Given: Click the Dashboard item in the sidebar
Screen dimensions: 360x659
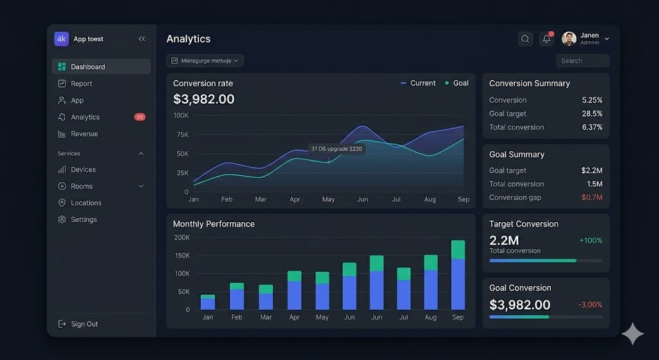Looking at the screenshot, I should [x=88, y=67].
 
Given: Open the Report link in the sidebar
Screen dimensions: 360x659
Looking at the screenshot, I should [x=81, y=84].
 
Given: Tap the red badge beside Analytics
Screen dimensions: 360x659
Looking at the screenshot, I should [x=140, y=117].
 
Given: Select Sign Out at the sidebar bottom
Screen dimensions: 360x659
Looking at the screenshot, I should [x=84, y=324].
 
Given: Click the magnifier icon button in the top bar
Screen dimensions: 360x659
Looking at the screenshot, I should [x=525, y=39].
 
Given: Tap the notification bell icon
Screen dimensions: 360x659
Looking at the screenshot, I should [x=546, y=39].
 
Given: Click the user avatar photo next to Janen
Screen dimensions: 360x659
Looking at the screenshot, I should [x=569, y=39].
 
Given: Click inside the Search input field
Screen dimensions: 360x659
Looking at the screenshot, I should [x=582, y=61].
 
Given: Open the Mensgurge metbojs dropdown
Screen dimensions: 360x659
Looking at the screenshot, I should [x=205, y=61].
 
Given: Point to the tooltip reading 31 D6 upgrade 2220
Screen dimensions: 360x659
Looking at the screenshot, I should [x=337, y=149].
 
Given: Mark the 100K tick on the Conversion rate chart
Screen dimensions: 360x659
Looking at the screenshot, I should [x=181, y=115].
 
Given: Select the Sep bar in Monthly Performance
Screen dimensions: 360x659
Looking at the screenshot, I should [x=458, y=275].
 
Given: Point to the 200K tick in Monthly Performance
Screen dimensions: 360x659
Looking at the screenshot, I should [x=181, y=238].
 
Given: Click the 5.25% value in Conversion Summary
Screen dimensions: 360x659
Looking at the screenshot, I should [x=591, y=100].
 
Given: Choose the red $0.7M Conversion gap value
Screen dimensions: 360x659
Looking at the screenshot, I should [x=591, y=198].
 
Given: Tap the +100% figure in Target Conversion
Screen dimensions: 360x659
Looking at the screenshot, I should [x=590, y=240].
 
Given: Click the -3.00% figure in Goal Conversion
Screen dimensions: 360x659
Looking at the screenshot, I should [x=589, y=305].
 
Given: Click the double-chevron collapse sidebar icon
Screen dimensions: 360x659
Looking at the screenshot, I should [x=142, y=39].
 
